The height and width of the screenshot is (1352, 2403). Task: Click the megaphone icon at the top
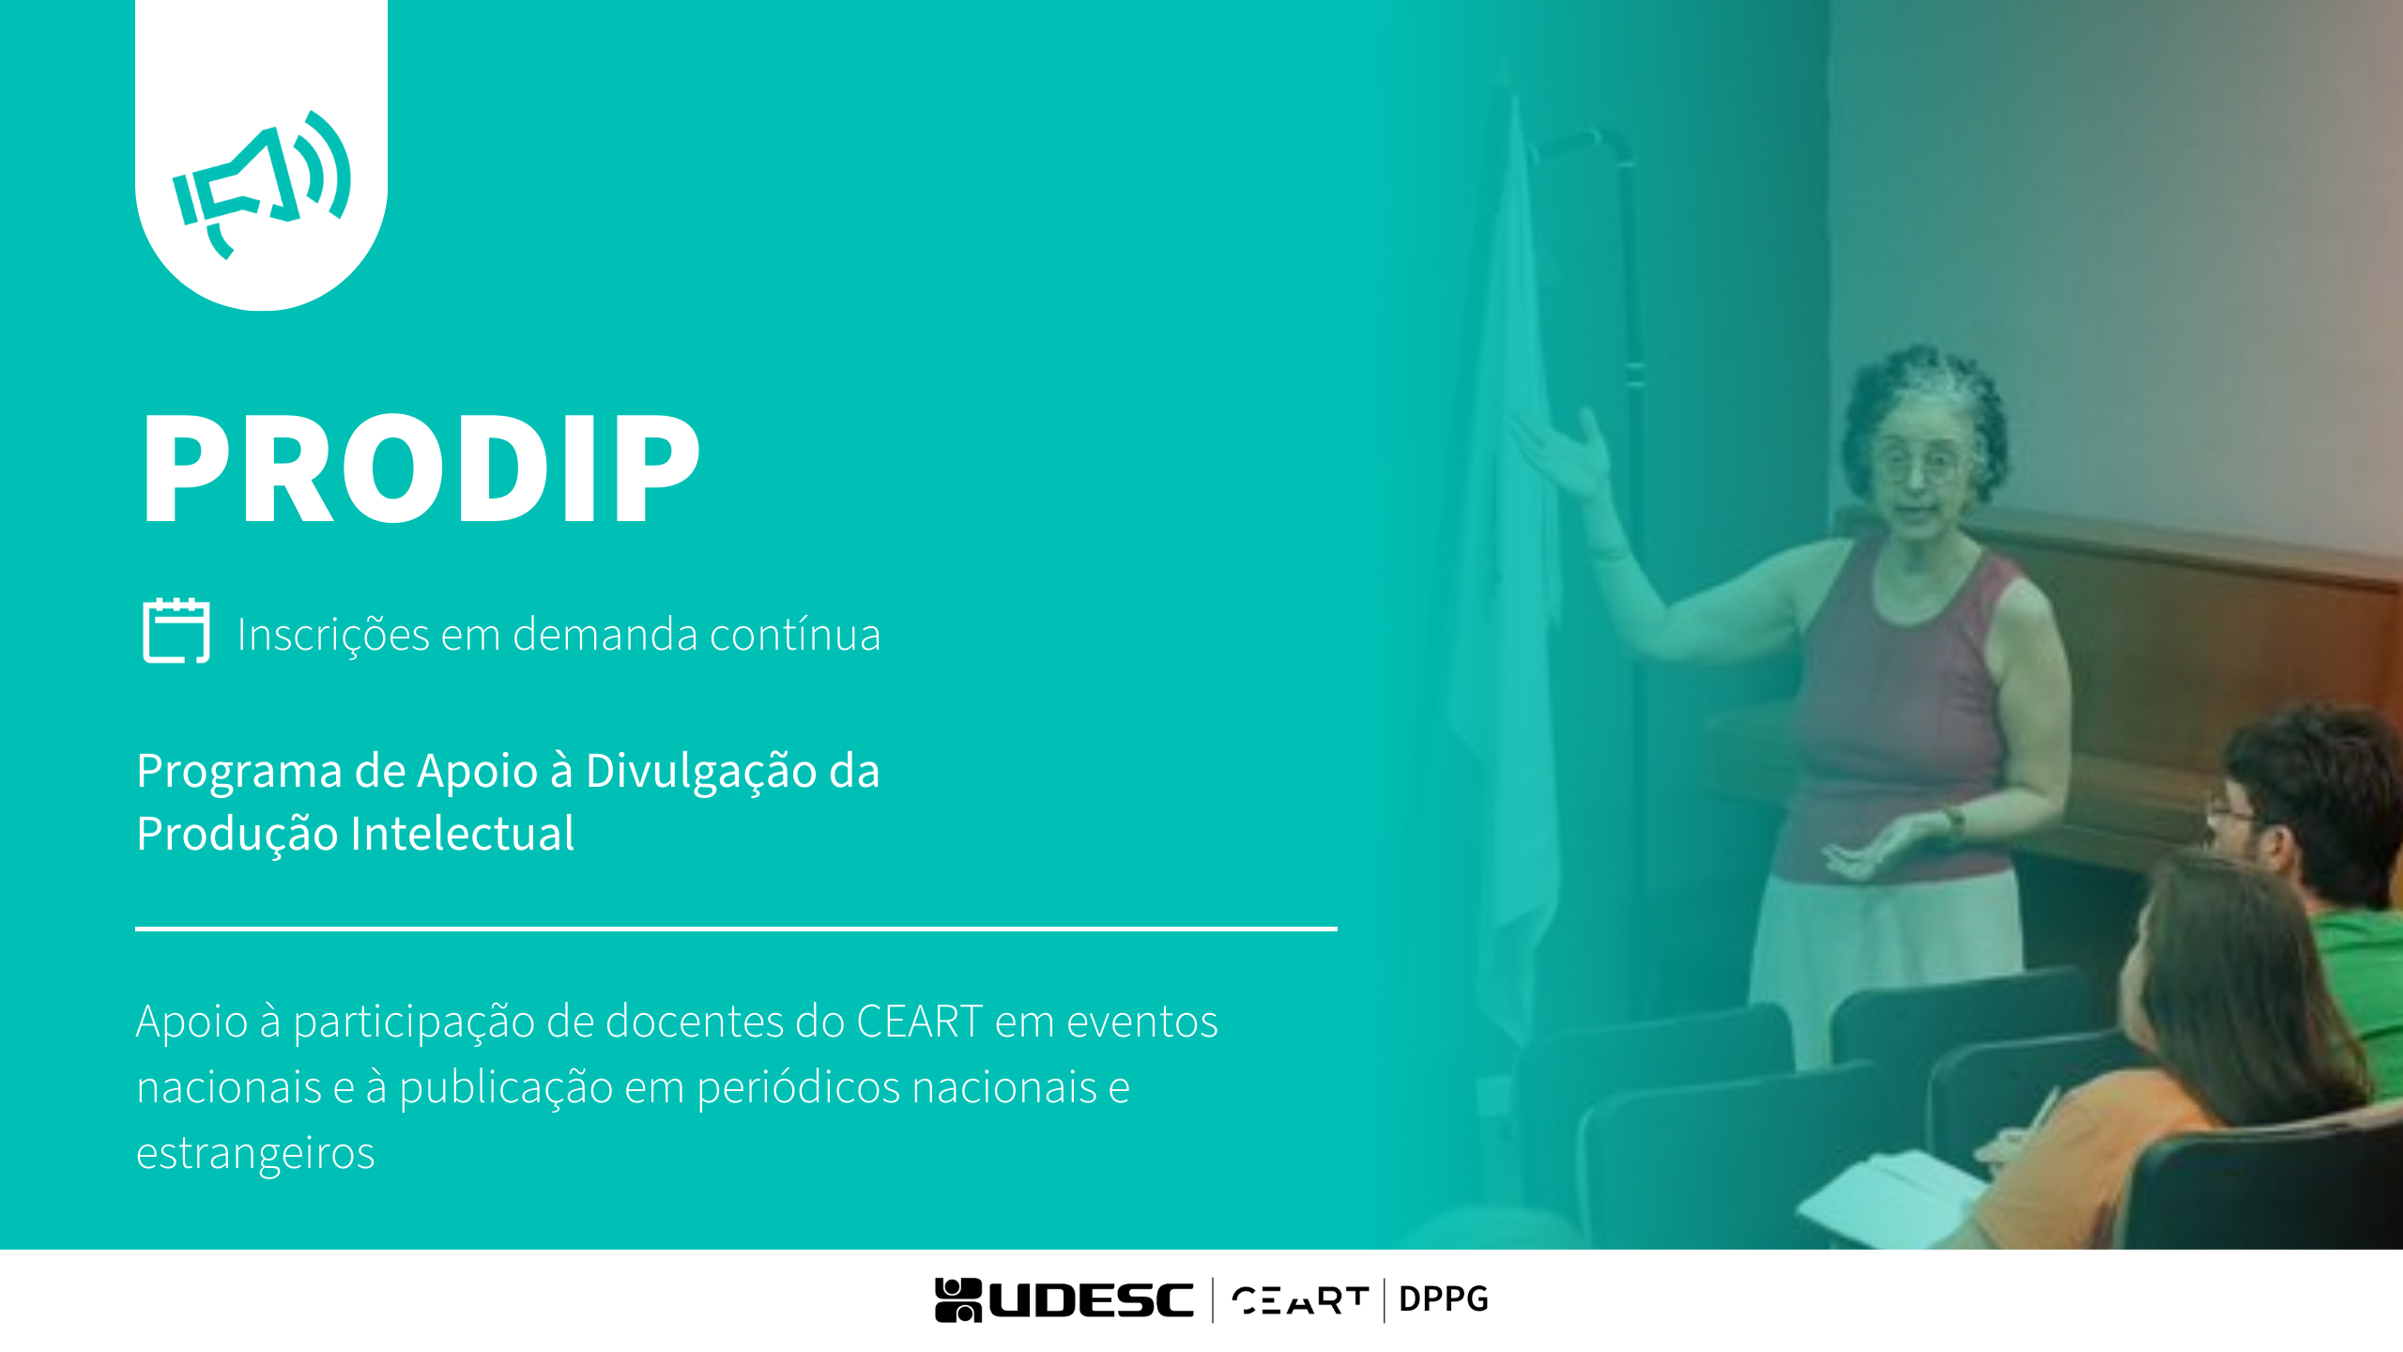click(x=262, y=184)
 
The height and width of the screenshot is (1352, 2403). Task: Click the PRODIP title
click(x=421, y=468)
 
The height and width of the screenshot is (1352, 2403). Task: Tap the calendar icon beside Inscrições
click(x=176, y=630)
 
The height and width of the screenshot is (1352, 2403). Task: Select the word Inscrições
click(x=334, y=635)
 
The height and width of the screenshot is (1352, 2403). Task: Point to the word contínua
click(x=795, y=634)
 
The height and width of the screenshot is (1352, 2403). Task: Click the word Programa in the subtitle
click(x=239, y=773)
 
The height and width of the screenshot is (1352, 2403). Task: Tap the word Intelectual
click(x=462, y=834)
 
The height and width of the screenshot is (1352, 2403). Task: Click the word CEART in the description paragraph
click(x=920, y=1022)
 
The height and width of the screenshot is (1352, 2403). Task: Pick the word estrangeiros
click(x=255, y=1154)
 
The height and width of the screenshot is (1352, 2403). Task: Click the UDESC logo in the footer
click(x=1064, y=1300)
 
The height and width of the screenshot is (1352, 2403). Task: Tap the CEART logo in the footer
click(x=1300, y=1300)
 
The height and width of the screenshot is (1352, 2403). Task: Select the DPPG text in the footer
click(x=1444, y=1299)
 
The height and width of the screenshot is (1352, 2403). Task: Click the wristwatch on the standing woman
click(x=1954, y=823)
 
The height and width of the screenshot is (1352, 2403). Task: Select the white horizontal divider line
click(x=736, y=929)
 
